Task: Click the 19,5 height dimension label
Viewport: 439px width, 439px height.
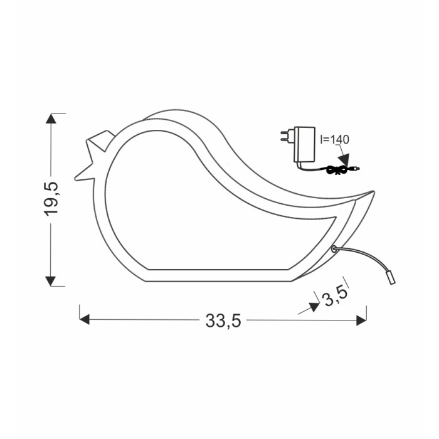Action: [51, 199]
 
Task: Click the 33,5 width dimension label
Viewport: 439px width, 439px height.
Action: [223, 320]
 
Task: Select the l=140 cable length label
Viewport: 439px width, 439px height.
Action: [335, 139]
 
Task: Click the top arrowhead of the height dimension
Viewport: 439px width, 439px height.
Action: [51, 119]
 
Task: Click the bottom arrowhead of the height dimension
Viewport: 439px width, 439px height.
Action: [51, 281]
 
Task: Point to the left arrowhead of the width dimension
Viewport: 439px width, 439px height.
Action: [85, 319]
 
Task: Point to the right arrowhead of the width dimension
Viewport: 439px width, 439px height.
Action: [361, 320]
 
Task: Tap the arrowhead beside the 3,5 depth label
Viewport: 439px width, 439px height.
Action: [314, 307]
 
